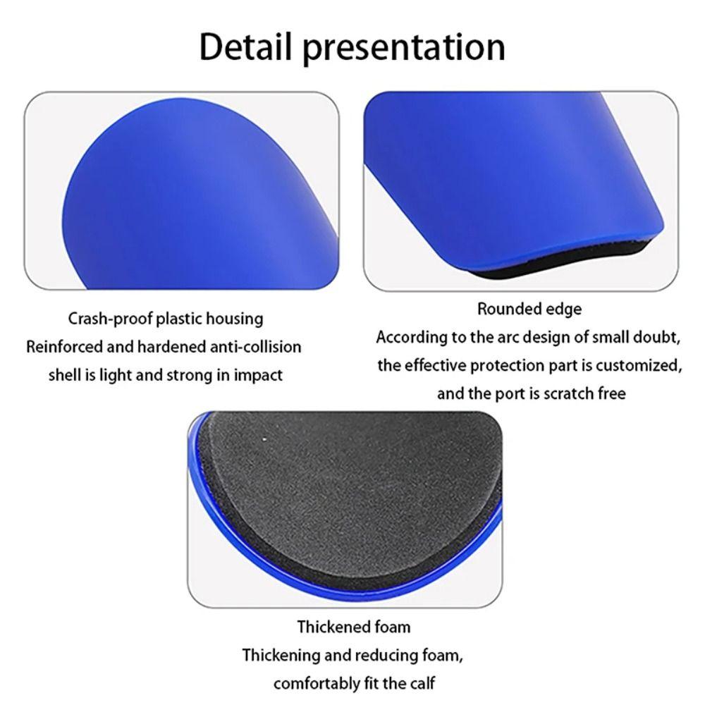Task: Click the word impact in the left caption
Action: (259, 375)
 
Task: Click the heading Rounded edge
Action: (529, 309)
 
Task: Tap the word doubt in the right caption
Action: (656, 337)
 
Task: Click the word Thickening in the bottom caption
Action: (280, 655)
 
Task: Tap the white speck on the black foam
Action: (265, 440)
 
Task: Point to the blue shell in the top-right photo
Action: (515, 169)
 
